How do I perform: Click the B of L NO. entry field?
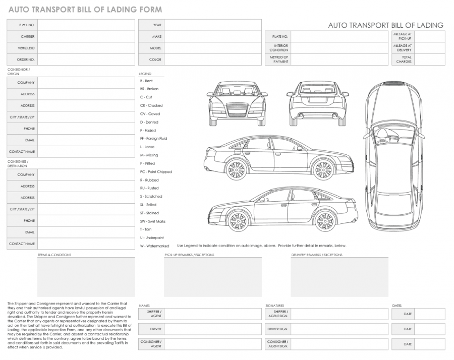86,25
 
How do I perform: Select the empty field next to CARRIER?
86,36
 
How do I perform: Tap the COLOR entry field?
212,59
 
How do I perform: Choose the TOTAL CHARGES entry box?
430,59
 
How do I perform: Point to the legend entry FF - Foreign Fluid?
153,139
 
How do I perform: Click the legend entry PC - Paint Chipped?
156,172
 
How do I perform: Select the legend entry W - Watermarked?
154,246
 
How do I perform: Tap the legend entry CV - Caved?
150,114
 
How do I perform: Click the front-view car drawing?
237,103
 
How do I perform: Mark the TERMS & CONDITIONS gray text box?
86,277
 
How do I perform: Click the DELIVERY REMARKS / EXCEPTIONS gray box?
339,277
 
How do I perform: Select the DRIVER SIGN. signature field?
339,329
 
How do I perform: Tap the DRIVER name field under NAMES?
212,329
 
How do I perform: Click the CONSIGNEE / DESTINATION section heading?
18,164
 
